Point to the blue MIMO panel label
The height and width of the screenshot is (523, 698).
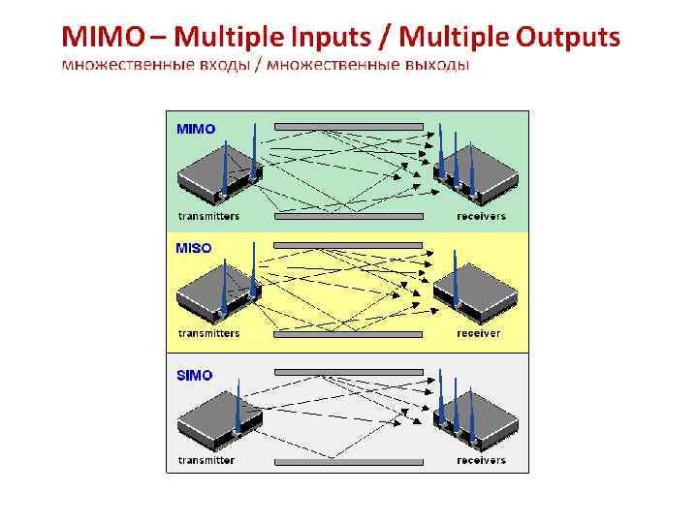(x=196, y=129)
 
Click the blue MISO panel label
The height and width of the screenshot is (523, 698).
(x=194, y=248)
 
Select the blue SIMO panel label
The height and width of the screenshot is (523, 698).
(x=195, y=375)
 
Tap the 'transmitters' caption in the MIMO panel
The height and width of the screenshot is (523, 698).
(x=208, y=216)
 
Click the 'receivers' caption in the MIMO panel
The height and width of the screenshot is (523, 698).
(x=481, y=216)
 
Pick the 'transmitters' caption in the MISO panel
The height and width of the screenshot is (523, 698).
(x=208, y=333)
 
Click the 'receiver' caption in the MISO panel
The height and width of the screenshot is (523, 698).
(x=478, y=333)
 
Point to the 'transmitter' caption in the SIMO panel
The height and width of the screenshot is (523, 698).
(x=206, y=460)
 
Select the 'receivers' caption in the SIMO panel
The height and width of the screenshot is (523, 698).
(x=481, y=460)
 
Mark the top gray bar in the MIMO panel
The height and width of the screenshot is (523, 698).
(x=349, y=127)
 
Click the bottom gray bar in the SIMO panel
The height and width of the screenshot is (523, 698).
(x=349, y=462)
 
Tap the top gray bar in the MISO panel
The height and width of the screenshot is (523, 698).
(x=349, y=246)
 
